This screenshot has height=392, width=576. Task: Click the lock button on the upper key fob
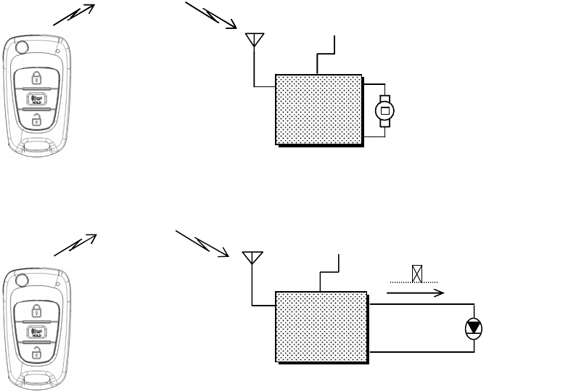[36, 78]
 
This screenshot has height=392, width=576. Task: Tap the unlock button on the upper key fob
[36, 119]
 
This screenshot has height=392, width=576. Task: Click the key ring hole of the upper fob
[22, 48]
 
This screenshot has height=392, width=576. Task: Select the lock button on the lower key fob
[36, 311]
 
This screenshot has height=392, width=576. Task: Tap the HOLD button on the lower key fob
[36, 332]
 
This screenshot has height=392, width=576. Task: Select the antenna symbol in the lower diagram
[252, 259]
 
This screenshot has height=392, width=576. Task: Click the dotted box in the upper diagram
[318, 109]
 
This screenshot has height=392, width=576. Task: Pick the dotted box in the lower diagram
[321, 326]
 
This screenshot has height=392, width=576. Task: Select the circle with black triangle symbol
[473, 328]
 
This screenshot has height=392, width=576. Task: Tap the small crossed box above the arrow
[417, 274]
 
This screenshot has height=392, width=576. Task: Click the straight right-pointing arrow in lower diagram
[415, 293]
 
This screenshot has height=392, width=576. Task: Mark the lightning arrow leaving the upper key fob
[74, 15]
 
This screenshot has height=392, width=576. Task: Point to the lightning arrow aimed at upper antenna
[211, 16]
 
